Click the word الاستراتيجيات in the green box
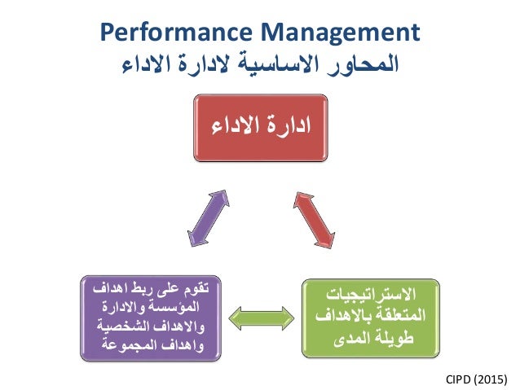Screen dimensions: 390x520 point(373,295)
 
